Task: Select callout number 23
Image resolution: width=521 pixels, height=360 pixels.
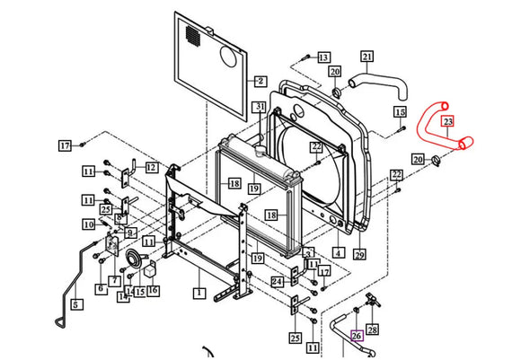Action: (x=447, y=121)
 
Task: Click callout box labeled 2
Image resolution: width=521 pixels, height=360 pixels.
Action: (x=260, y=81)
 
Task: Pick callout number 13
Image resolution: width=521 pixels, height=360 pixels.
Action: (x=323, y=57)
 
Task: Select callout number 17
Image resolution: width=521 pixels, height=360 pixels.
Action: (x=66, y=145)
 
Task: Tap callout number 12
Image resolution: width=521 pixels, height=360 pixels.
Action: (x=151, y=168)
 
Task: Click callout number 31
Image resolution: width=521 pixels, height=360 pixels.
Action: (x=259, y=108)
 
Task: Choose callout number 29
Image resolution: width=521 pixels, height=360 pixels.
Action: (x=360, y=255)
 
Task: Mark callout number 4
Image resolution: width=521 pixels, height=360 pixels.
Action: (x=339, y=254)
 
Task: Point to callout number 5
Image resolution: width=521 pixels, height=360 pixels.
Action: (x=75, y=304)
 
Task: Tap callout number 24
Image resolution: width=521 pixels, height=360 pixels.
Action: (x=278, y=282)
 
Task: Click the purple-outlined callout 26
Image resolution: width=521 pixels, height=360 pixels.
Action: (x=357, y=337)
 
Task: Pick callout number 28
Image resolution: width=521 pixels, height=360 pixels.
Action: (x=373, y=330)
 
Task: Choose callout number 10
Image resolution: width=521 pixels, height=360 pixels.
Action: (x=89, y=224)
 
